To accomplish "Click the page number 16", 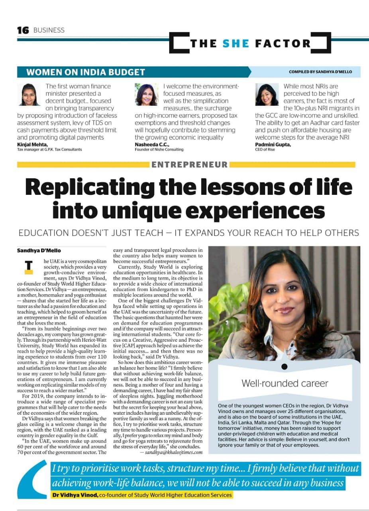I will [23, 30].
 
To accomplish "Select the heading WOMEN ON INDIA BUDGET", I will [85, 72].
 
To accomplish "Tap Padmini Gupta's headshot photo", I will [267, 94].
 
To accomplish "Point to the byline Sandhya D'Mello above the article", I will [39, 250].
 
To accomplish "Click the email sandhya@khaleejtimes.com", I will [174, 452].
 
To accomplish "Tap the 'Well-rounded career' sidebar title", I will [285, 383].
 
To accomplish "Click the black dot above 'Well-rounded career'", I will [284, 366].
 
